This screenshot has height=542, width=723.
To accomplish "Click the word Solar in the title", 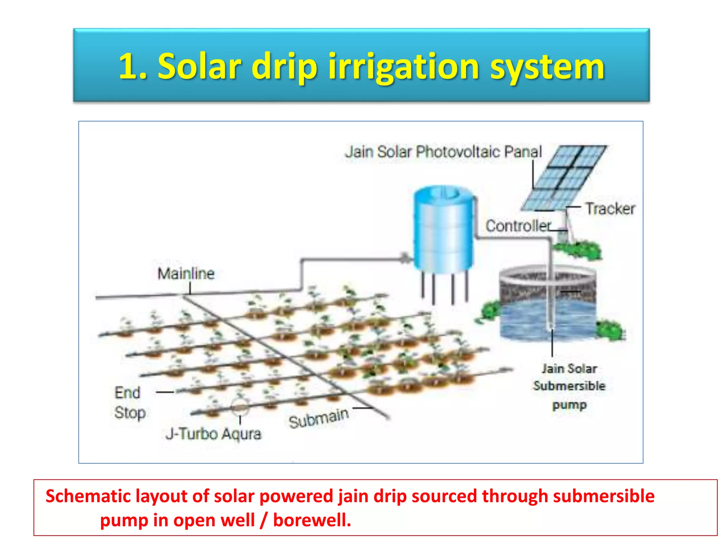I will (199, 66).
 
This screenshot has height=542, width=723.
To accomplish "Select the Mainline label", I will (186, 273).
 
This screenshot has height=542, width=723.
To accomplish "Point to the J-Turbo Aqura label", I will (214, 434).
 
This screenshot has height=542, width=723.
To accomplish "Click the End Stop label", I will (129, 403).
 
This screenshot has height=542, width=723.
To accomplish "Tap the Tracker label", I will (610, 209).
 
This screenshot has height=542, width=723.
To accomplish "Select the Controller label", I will (518, 226).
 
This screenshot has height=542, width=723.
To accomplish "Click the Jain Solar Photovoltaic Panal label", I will (443, 152).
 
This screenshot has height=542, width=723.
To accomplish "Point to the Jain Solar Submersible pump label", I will (569, 386).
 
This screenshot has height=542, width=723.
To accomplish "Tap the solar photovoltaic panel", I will (564, 178).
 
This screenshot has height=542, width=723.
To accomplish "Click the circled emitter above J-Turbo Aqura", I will (240, 408).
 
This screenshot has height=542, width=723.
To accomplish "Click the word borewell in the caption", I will (312, 520).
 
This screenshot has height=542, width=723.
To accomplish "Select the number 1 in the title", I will (128, 66).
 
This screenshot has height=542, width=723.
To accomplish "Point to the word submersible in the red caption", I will (604, 496).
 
